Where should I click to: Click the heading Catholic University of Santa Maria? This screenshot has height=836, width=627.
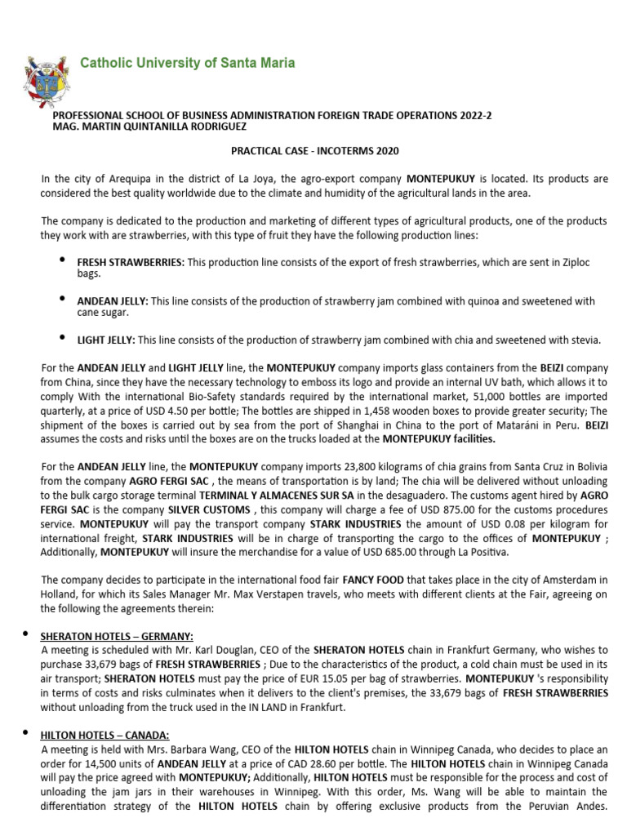pos(187,63)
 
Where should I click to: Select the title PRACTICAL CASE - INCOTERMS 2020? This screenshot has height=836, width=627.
pos(313,153)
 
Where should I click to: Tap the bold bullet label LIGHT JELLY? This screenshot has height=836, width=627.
pos(106,340)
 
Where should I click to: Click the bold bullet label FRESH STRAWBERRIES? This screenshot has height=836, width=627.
pos(131,261)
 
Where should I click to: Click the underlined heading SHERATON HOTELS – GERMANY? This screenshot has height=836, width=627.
pos(118,636)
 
